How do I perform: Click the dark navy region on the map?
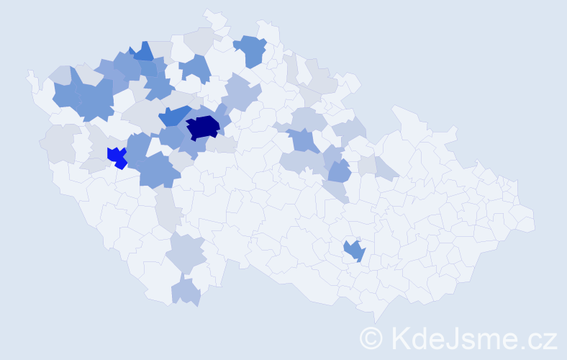[x=204, y=127]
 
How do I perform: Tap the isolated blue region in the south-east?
[x=354, y=251]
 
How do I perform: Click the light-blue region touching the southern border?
[x=186, y=292]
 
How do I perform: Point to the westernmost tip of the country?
[x=29, y=74]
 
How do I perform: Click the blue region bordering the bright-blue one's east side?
[x=138, y=148]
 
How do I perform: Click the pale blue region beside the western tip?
[x=60, y=73]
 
